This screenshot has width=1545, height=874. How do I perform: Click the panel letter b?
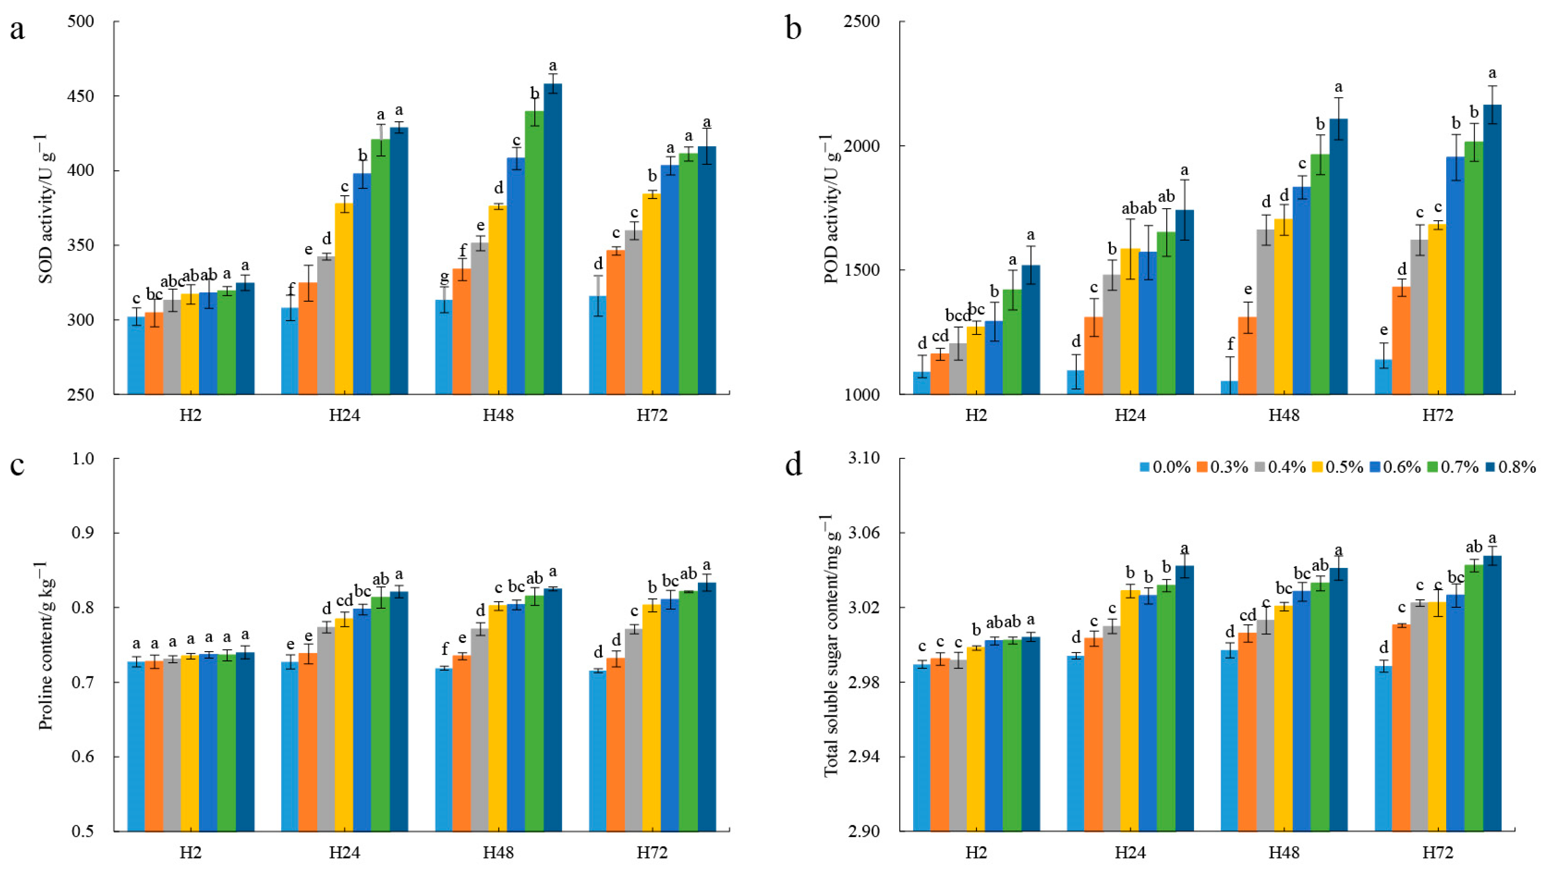[x=793, y=29]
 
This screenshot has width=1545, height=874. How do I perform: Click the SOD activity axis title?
[x=47, y=208]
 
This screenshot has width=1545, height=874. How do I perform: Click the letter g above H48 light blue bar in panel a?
[x=444, y=277]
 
